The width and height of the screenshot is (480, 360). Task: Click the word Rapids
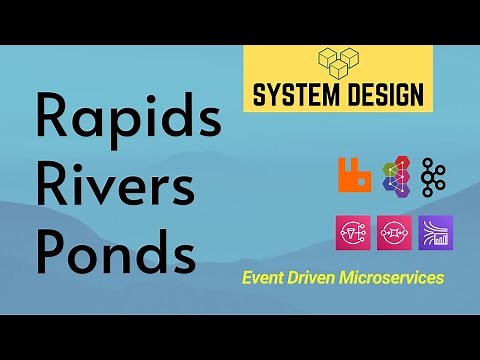pos(127,121)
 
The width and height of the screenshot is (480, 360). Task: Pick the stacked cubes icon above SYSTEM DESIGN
pos(338,62)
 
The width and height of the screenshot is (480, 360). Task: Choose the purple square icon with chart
pos(435,233)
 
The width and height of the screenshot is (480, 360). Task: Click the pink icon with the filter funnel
pos(354,233)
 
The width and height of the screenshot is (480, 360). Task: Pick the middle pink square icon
pos(394,233)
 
